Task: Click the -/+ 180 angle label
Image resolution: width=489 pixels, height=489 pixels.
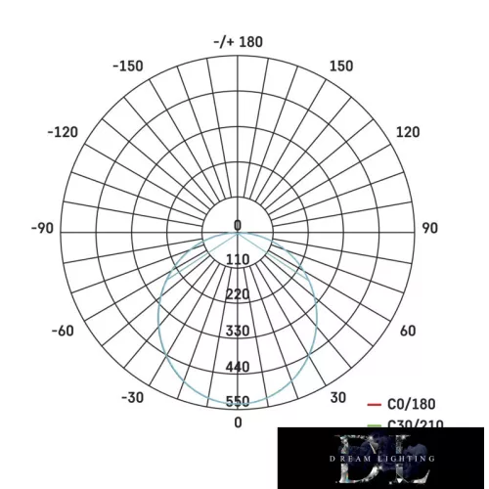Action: point(238,42)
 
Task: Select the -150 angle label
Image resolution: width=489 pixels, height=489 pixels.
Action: point(127,67)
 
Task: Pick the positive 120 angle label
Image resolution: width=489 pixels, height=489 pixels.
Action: point(408,132)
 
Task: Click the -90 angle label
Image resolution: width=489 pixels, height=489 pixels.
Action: point(42,228)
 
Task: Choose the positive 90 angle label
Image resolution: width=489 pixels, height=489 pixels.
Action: point(428,228)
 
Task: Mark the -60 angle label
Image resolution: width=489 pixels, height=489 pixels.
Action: point(62,332)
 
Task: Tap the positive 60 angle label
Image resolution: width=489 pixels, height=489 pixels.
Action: point(408,332)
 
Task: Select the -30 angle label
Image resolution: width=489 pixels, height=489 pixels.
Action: point(133,397)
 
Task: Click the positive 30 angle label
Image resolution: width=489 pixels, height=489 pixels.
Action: point(337,397)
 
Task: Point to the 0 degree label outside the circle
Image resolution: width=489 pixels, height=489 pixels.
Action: point(238,422)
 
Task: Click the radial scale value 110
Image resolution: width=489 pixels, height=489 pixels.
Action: point(238,259)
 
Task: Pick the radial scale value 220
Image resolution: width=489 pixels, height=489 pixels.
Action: point(238,295)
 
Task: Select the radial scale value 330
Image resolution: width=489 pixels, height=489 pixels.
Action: point(238,332)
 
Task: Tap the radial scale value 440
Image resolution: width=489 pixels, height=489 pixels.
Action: point(238,367)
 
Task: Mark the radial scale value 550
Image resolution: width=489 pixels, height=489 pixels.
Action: point(238,402)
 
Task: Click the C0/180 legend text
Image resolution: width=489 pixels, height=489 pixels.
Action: point(412,403)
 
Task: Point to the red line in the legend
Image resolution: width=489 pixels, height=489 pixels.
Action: point(373,403)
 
